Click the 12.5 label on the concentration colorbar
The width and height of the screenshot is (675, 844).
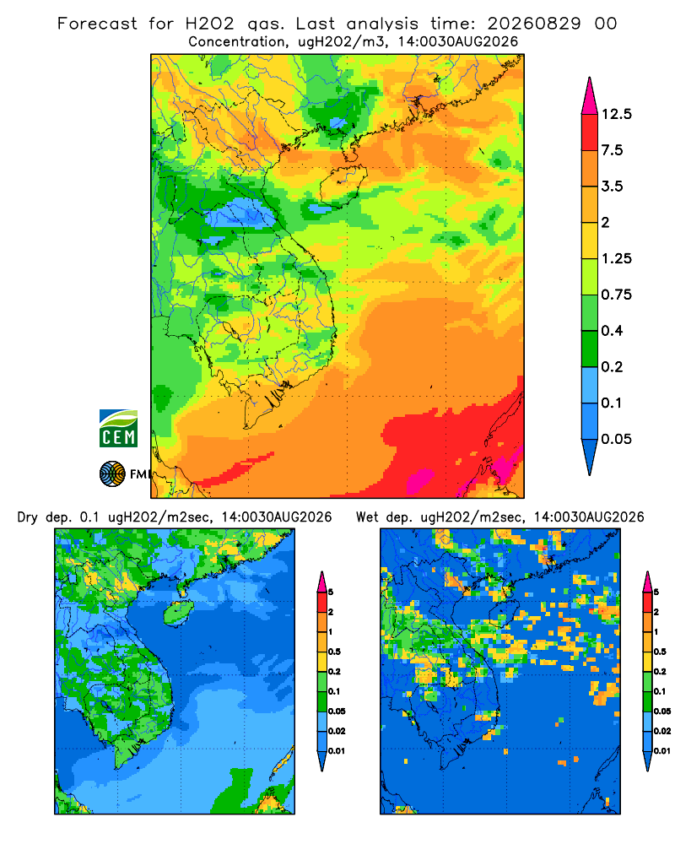click(616, 114)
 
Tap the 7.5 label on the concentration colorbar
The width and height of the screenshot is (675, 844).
click(612, 150)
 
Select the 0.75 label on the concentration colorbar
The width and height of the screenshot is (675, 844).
click(616, 295)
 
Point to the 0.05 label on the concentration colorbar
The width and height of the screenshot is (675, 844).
click(616, 439)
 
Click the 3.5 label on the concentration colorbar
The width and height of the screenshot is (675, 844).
click(612, 187)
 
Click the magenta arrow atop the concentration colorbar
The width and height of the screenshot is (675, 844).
click(590, 96)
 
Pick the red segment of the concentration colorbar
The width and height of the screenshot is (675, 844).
click(590, 133)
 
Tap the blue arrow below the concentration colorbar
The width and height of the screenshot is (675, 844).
click(590, 457)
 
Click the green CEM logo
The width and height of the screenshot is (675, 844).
click(118, 429)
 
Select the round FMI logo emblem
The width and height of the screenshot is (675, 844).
click(112, 474)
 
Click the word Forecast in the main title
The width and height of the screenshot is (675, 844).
click(97, 24)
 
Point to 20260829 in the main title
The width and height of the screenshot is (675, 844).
click(534, 24)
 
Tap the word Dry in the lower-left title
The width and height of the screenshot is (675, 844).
click(28, 517)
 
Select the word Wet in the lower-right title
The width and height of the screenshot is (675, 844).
click(368, 517)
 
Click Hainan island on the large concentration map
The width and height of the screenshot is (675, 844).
click(343, 187)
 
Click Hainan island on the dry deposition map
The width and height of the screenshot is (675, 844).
click(178, 613)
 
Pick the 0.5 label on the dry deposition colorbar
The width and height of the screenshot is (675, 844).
click(334, 652)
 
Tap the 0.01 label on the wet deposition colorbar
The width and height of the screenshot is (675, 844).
click(662, 751)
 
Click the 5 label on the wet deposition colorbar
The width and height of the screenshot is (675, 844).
click(656, 592)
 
